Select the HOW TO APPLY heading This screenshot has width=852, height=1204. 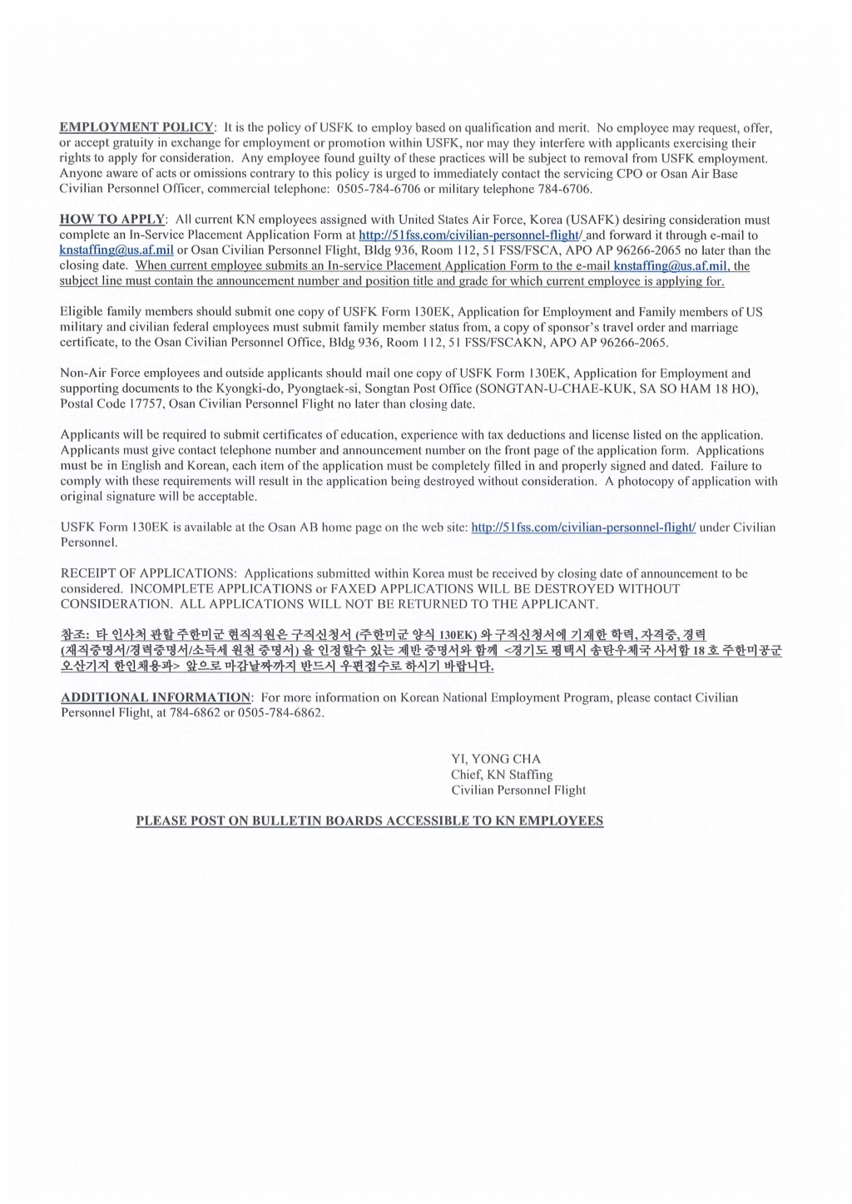click(x=112, y=220)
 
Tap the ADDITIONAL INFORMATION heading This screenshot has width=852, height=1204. click(x=156, y=697)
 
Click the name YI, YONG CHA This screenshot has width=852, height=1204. click(x=496, y=759)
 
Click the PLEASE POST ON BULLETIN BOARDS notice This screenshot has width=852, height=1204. click(x=369, y=820)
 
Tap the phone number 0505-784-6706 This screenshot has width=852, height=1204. click(x=379, y=189)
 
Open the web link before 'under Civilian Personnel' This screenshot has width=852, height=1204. click(x=583, y=528)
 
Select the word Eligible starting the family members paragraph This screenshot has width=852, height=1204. click(x=82, y=312)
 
